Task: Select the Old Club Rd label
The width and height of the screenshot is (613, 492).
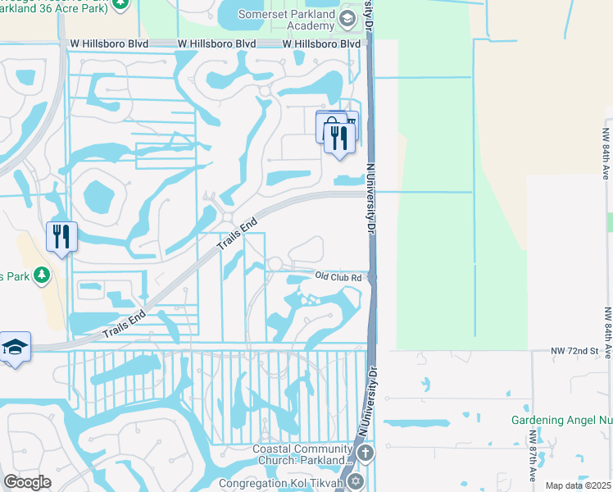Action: (338, 278)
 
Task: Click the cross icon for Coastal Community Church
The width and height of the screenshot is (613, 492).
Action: (366, 453)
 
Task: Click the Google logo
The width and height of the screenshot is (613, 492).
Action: (27, 482)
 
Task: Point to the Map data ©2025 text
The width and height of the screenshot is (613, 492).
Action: (578, 485)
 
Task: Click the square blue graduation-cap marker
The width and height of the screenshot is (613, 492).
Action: (15, 348)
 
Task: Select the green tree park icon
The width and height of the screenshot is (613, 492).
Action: (38, 276)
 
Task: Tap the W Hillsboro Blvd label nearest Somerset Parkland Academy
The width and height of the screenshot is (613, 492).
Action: (321, 43)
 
